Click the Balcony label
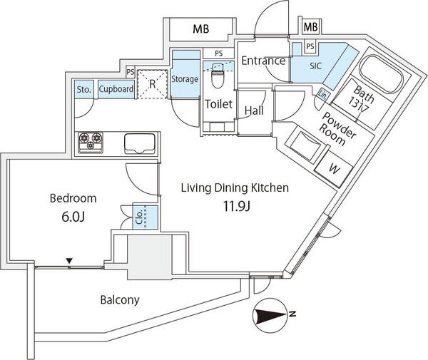120,299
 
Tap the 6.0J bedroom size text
73,217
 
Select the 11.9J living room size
237,207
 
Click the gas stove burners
91,142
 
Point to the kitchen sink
140,144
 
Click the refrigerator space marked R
153,84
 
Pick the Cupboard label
116,89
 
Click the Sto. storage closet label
83,89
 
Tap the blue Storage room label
185,79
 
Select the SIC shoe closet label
315,66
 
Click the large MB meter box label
201,29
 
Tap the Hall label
254,110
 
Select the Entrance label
263,61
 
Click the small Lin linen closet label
322,96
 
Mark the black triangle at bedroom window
70,261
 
